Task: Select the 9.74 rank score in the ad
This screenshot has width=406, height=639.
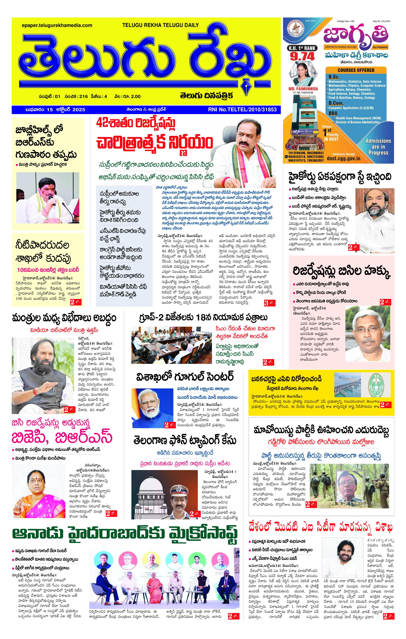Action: (x=302, y=56)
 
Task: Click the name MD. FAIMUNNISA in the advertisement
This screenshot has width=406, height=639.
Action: (x=303, y=89)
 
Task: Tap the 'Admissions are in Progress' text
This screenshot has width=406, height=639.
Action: (x=378, y=147)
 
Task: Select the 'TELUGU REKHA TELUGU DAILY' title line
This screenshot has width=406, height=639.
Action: (x=160, y=25)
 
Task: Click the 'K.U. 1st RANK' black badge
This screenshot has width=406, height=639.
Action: (x=302, y=48)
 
